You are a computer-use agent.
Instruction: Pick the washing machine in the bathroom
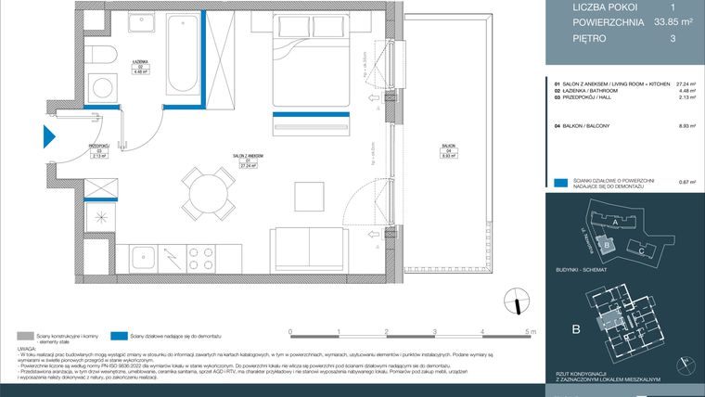[103, 91]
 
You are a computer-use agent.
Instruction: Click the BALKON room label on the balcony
[448, 148]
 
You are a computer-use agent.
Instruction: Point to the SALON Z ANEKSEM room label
[248, 156]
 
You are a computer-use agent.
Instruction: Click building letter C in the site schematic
[641, 250]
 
